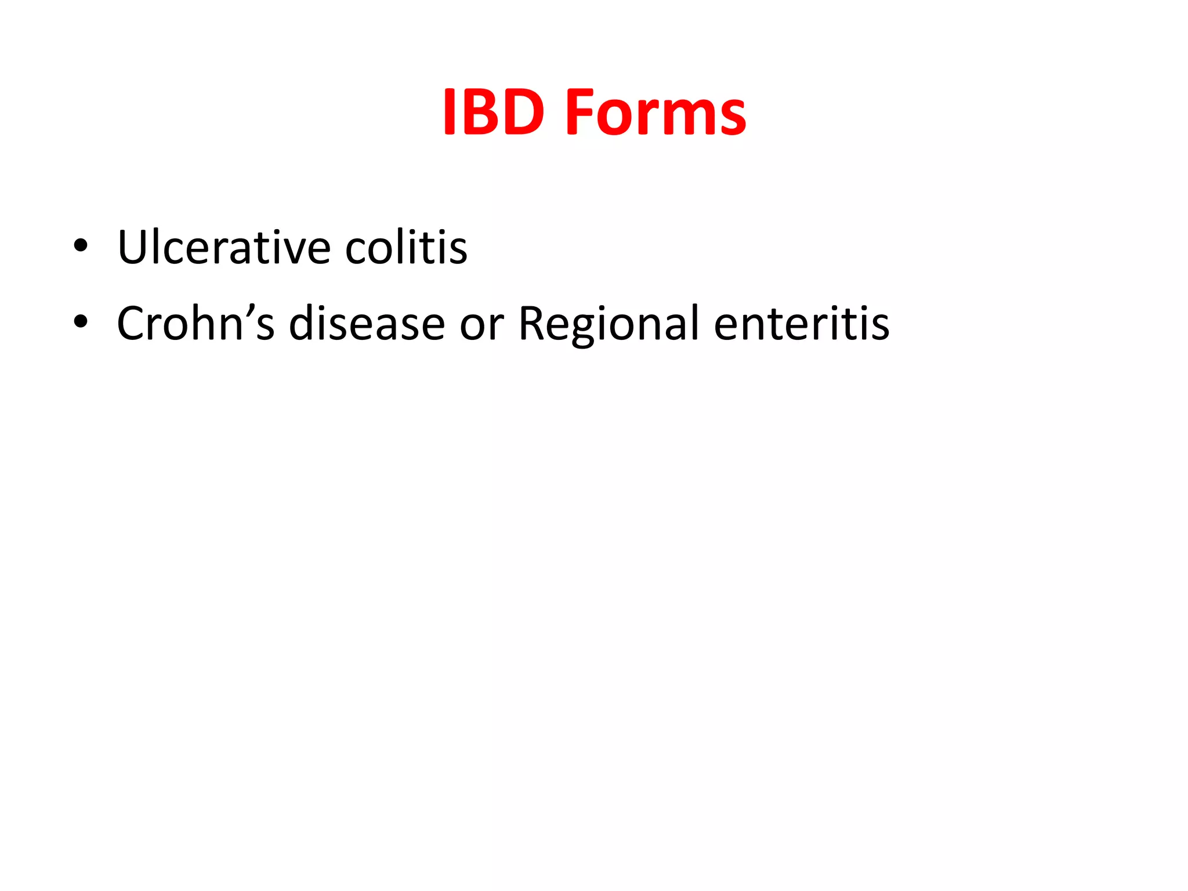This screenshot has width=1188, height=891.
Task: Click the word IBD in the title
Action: pyautogui.click(x=494, y=113)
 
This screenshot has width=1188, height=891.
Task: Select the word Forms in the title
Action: pyautogui.click(x=655, y=113)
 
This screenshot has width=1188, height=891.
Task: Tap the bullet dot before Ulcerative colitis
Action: pyautogui.click(x=81, y=245)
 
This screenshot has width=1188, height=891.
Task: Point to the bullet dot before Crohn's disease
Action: pyautogui.click(x=81, y=321)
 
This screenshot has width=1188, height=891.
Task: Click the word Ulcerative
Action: pyautogui.click(x=224, y=248)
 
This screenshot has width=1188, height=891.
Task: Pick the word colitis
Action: pyautogui.click(x=406, y=248)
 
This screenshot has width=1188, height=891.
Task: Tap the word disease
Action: pyautogui.click(x=367, y=324)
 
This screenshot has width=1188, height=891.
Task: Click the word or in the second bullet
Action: pyautogui.click(x=481, y=326)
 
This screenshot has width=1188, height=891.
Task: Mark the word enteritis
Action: pyautogui.click(x=802, y=324)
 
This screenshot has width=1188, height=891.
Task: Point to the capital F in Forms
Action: pyautogui.click(x=582, y=113)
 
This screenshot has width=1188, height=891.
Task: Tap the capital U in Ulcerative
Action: pyautogui.click(x=133, y=248)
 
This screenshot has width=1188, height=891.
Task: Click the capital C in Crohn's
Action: pyautogui.click(x=132, y=324)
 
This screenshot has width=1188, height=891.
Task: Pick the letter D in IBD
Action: pyautogui.click(x=521, y=113)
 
